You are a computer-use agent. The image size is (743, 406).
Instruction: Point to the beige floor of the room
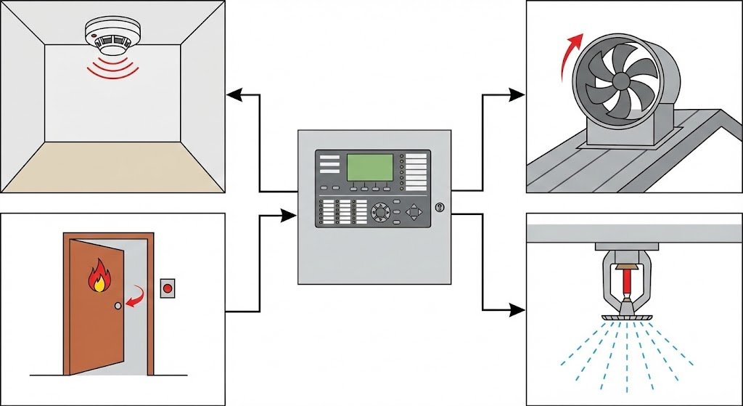pos(112,166)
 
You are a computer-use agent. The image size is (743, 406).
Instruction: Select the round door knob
pos(117,306)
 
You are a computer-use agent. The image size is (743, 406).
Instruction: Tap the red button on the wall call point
pos(168,289)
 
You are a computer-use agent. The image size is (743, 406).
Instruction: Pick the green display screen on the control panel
pos(371,168)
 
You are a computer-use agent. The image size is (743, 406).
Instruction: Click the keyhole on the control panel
pos(438,208)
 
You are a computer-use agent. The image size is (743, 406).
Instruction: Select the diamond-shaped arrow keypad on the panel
pos(414,213)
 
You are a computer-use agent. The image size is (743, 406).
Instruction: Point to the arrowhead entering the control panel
pos(291,214)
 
